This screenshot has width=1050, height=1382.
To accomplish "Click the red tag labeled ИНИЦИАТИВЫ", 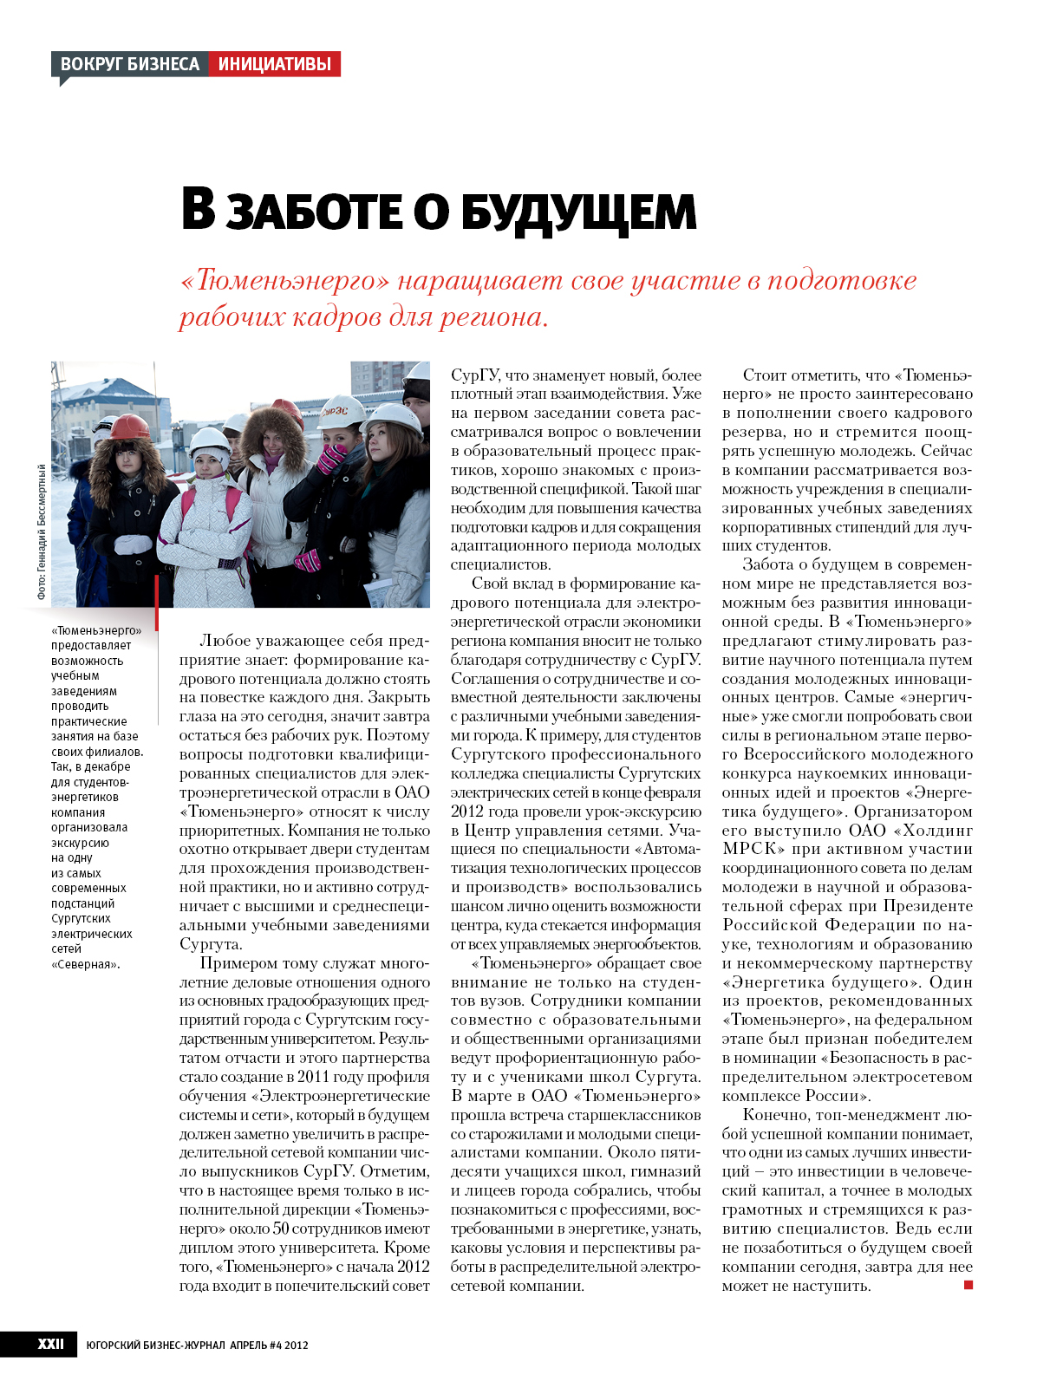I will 274,64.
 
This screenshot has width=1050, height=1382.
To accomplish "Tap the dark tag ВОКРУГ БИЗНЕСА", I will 130,64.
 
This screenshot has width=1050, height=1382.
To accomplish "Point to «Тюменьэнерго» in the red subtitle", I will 284,281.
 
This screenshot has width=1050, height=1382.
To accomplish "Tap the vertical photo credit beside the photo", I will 41,531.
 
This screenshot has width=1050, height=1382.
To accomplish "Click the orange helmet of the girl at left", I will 130,427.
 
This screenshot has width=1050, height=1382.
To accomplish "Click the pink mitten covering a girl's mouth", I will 332,457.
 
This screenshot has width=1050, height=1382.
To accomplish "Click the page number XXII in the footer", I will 50,1344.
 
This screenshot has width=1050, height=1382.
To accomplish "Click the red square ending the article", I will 968,1285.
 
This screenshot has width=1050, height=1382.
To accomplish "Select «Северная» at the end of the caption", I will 85,964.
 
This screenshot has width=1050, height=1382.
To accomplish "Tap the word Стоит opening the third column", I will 765,375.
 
